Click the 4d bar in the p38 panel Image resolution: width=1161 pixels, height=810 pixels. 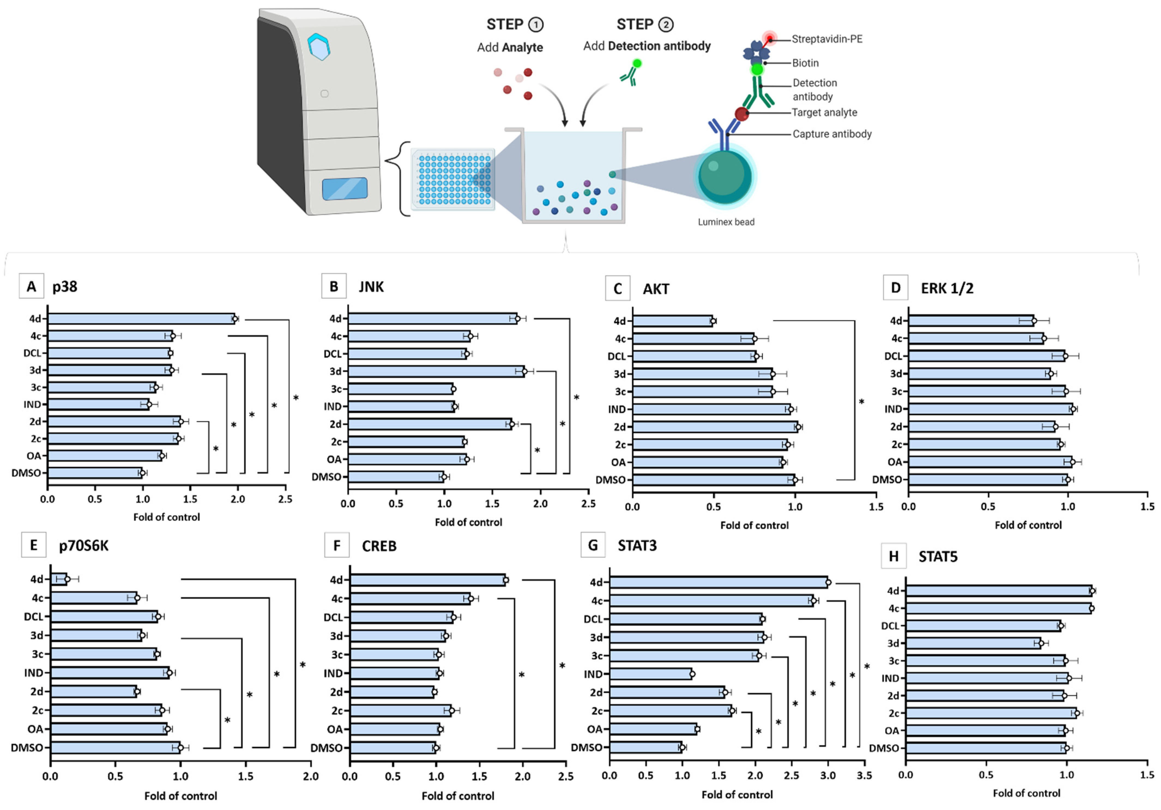coord(141,318)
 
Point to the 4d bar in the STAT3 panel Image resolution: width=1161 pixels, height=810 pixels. coord(718,582)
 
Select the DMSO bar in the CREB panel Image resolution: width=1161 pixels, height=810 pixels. coord(392,748)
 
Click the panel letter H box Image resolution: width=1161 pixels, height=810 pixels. coord(894,556)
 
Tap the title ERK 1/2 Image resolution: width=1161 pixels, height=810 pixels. coord(946,288)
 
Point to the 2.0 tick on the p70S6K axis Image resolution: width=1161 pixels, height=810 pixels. coord(310,776)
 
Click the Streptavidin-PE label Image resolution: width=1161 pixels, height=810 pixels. coord(827,39)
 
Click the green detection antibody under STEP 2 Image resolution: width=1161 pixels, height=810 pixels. coord(631,72)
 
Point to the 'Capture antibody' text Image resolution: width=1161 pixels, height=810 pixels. coord(832,134)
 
